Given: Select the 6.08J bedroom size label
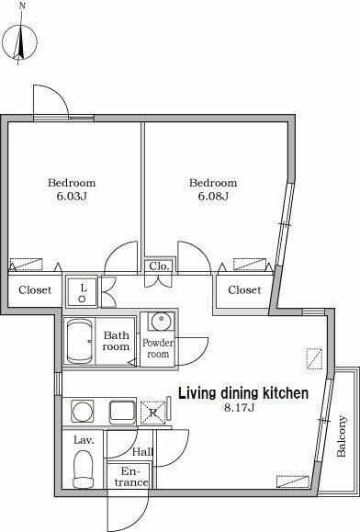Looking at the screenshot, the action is point(213,196).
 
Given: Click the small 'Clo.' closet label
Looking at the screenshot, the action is point(159,266).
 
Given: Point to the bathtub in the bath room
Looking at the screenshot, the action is point(80,342).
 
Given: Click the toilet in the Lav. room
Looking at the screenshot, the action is point(83,470).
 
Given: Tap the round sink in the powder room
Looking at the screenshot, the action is point(162,322).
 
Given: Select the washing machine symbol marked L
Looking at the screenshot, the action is point(82,292).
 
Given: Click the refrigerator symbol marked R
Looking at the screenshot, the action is point(152,413).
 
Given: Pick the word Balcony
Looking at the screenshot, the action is point(342,436).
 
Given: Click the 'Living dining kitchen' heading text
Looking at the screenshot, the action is point(243,393).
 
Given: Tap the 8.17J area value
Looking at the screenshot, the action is point(240,407).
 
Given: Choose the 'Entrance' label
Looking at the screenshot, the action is point(130,477).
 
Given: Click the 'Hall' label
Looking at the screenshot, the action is point(142,451).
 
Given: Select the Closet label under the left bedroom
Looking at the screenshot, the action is point(35,290).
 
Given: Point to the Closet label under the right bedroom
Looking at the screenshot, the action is point(244,290).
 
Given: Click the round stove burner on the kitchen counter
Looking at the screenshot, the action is point(83,412).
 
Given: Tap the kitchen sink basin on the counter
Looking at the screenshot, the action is point(122,413).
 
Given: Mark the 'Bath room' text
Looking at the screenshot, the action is point(117,341).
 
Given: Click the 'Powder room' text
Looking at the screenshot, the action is point(158,348).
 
